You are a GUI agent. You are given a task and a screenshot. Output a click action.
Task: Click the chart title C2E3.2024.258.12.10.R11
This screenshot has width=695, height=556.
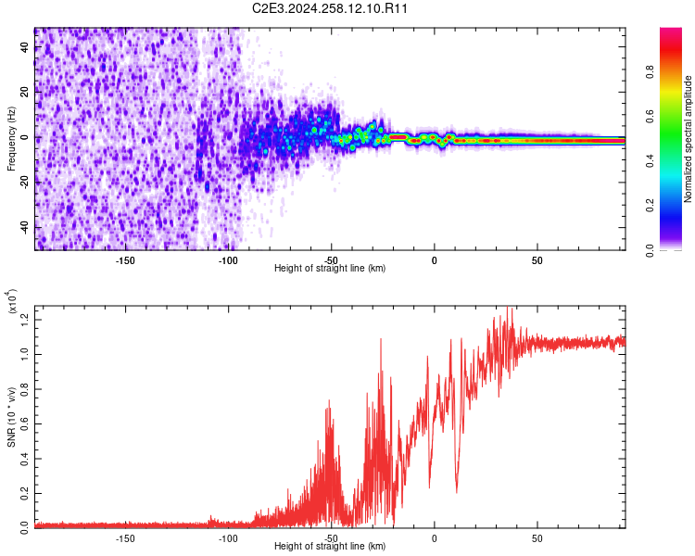(331, 8)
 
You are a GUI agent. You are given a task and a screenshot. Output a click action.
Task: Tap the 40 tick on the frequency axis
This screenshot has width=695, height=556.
(24, 48)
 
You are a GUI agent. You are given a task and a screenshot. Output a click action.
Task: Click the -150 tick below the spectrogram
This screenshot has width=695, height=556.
(126, 260)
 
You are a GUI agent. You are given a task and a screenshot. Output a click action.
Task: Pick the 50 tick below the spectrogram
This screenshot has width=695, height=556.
(537, 260)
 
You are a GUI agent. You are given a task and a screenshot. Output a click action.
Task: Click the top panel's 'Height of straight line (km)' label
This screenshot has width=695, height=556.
(330, 269)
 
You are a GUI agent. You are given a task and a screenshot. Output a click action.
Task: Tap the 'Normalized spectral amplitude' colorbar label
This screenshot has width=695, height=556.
(689, 139)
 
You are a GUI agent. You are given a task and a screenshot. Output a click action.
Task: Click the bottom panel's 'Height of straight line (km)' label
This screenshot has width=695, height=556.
(330, 547)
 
